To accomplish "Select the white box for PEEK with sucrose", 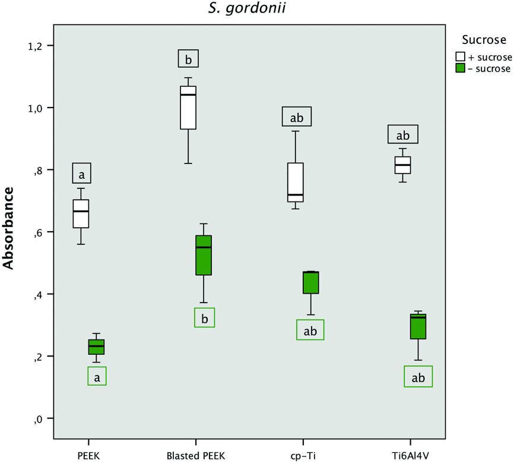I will point(81,213).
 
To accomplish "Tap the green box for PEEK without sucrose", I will point(96,347).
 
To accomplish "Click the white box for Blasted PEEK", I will point(188,107).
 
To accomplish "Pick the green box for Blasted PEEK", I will point(204,255).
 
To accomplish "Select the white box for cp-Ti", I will point(296,182).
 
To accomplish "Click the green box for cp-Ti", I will point(310,282).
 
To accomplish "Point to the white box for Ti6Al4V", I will point(402,165).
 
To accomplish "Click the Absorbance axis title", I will point(9,228).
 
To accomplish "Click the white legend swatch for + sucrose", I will point(460,56).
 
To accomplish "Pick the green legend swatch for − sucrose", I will point(460,68).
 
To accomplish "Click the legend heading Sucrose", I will point(484,40).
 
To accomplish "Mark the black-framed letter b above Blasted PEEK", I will point(188,59).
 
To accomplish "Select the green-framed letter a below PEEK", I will point(97,376).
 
